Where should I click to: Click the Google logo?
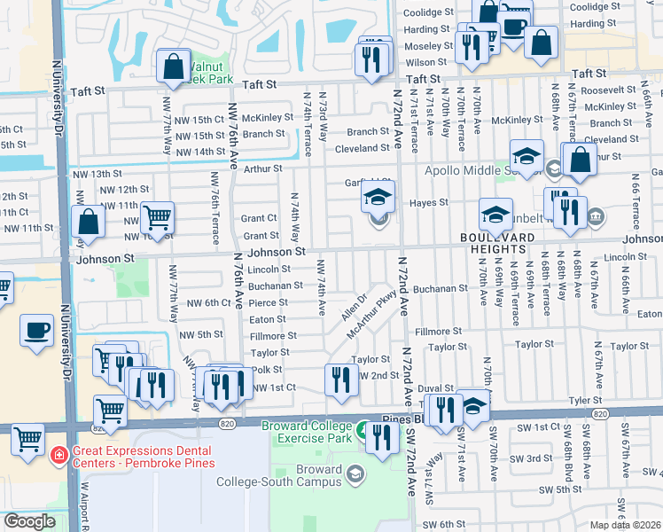pos(29,522)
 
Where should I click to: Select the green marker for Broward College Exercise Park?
pos(363,431)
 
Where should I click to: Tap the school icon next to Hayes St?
pos(378,199)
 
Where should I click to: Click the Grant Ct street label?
pos(260,218)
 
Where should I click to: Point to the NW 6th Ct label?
pos(209,303)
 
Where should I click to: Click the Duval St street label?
pos(436,388)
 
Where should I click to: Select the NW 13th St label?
pos(97,174)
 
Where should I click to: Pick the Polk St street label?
pos(267,370)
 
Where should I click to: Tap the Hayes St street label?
pos(429,203)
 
